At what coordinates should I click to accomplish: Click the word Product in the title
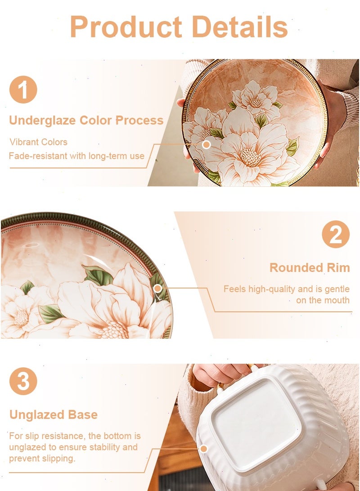coord(126,27)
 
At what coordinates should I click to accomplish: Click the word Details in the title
coord(239,27)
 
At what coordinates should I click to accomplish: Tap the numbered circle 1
coord(23,90)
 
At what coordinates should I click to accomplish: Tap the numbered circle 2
coord(336,234)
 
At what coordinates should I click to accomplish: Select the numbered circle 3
coord(23,381)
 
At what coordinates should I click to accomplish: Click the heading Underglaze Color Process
coord(86,120)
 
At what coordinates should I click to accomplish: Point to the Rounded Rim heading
coord(310,268)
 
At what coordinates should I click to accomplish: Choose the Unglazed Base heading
coord(53,414)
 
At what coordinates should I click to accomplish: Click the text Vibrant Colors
coord(39,142)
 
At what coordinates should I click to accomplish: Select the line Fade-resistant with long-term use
coord(76,156)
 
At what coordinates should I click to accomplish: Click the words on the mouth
coord(323,300)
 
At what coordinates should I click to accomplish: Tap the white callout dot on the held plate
coord(206,144)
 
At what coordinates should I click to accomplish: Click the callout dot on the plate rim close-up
coord(158,288)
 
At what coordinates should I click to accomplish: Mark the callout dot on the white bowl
coord(204,449)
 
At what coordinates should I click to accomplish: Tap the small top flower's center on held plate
coord(256,103)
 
